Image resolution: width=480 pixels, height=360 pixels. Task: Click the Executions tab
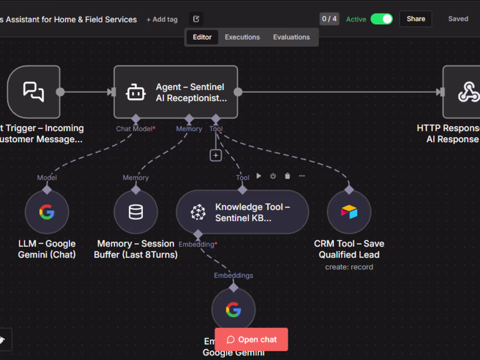pos(242,37)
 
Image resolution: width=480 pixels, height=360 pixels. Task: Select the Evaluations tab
pos(291,37)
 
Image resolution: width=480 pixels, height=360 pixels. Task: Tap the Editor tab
pos(202,37)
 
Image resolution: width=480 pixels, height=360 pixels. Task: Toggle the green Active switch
pos(381,19)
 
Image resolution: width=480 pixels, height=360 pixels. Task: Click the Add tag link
pos(162,20)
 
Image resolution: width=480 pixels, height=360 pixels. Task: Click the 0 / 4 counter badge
pos(329,19)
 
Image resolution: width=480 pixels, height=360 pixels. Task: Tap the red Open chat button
pos(251,339)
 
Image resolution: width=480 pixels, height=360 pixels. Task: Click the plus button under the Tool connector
pos(216,155)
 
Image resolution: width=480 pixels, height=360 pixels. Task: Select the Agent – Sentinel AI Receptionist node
pos(176,92)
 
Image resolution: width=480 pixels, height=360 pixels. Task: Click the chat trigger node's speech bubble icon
pos(34,92)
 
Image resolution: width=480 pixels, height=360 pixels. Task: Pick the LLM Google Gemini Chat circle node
pos(47,213)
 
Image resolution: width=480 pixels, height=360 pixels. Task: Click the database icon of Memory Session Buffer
pos(136,213)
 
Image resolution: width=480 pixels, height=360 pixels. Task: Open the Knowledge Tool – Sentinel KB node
pos(242,213)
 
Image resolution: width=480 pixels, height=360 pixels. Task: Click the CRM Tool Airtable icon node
pos(349,213)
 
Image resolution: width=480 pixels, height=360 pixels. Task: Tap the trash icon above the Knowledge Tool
pos(287,176)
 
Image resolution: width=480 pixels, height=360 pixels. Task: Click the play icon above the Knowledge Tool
pos(259,176)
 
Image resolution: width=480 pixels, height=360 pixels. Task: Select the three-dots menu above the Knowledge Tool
pos(302,176)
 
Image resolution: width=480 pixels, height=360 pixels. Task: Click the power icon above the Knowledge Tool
pos(273,176)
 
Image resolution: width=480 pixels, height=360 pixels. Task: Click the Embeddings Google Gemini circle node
pos(233,310)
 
